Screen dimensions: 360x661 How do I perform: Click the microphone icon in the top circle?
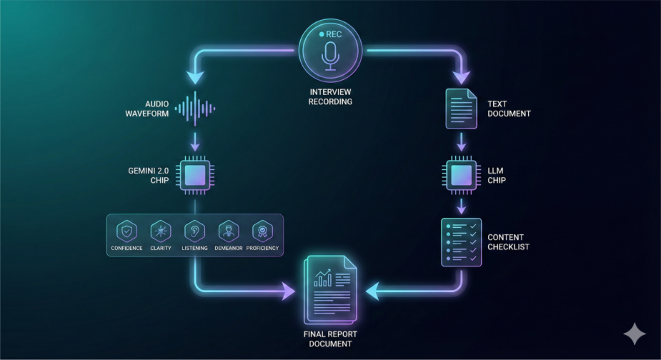pyautogui.click(x=330, y=56)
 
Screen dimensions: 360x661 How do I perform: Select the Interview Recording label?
pyautogui.click(x=330, y=96)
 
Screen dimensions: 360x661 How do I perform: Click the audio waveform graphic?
pyautogui.click(x=195, y=109)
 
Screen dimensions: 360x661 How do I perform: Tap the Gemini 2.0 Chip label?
pyautogui.click(x=149, y=174)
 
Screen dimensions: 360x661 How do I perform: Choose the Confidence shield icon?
pyautogui.click(x=126, y=231)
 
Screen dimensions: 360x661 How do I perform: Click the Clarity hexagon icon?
pyautogui.click(x=161, y=231)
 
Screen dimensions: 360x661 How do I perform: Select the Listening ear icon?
pyautogui.click(x=195, y=231)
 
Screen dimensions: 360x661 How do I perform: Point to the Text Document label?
pyautogui.click(x=508, y=109)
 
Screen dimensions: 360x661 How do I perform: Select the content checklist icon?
pyautogui.click(x=461, y=242)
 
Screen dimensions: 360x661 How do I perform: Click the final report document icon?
pyautogui.click(x=330, y=289)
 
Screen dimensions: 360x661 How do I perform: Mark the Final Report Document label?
pyautogui.click(x=330, y=339)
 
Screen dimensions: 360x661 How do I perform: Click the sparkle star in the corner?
pyautogui.click(x=634, y=334)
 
